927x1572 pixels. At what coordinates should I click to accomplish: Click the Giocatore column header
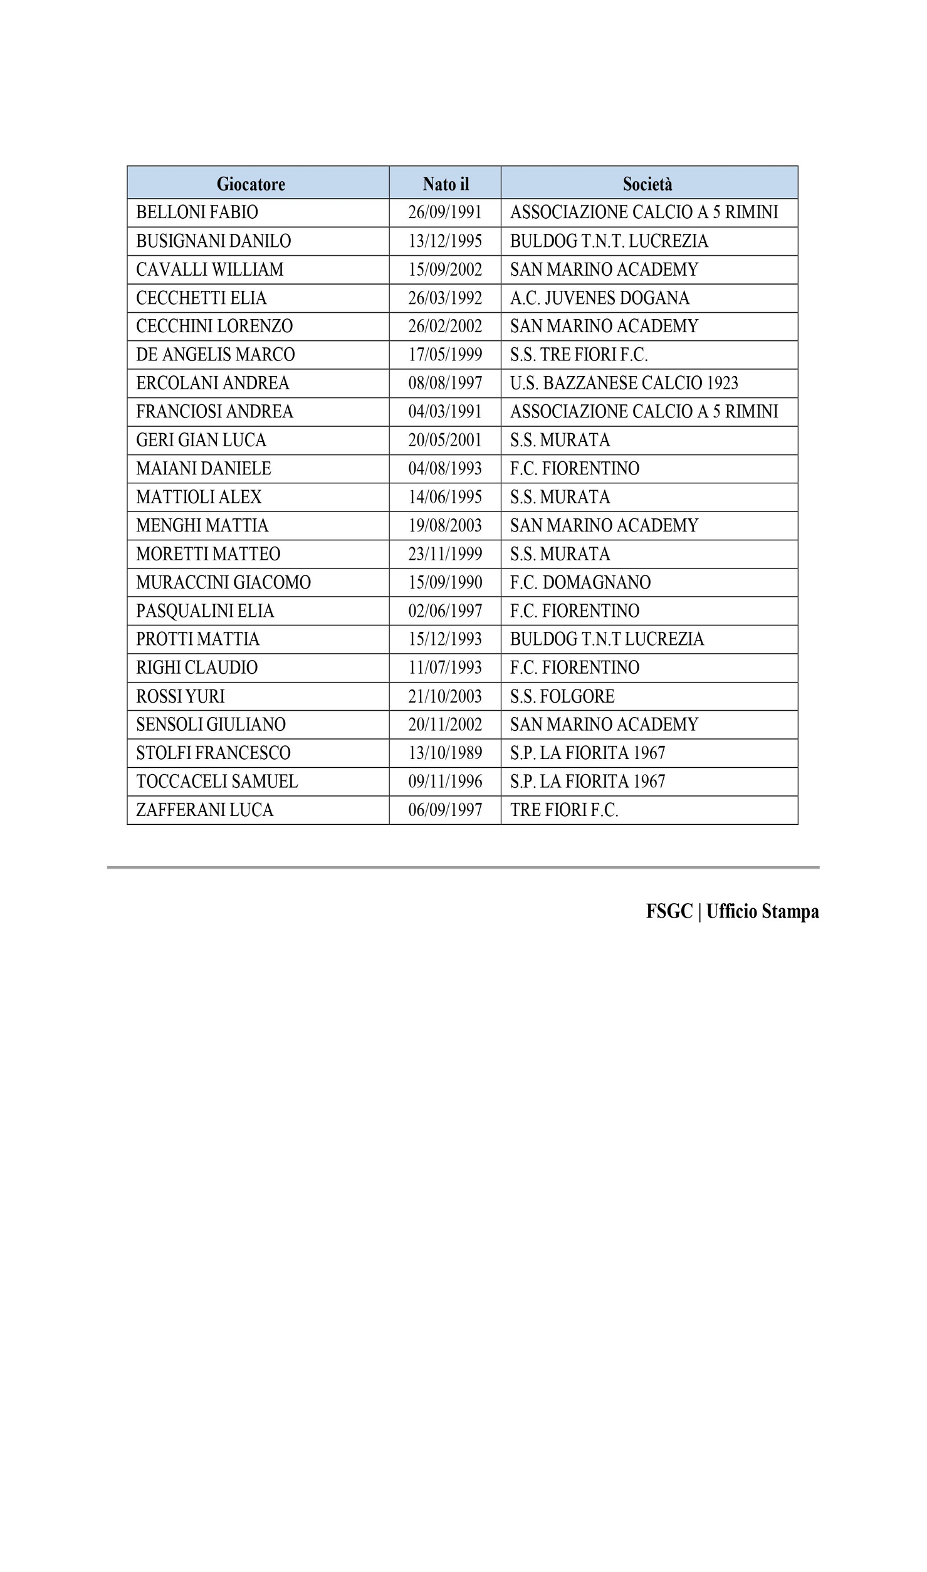(x=251, y=184)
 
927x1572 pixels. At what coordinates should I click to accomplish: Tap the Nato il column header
(x=446, y=184)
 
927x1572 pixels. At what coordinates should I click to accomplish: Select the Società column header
(x=647, y=184)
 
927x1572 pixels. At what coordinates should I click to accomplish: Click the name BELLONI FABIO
(x=197, y=212)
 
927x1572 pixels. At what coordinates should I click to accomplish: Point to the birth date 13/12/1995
(x=445, y=241)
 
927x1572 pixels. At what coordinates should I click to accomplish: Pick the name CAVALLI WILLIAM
(x=210, y=270)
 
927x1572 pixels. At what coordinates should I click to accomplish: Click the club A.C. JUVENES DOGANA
(x=600, y=298)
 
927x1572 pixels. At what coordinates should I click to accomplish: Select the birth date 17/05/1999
(x=445, y=355)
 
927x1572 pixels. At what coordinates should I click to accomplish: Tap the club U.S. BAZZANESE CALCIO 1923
(x=624, y=383)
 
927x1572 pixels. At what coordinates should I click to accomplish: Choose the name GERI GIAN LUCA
(x=201, y=440)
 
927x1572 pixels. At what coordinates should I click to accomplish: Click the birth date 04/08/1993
(x=445, y=468)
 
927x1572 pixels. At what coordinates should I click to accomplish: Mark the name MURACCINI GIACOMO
(x=223, y=582)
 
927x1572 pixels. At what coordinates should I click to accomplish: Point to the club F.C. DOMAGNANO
(x=580, y=582)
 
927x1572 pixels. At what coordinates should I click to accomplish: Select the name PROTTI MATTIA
(x=197, y=639)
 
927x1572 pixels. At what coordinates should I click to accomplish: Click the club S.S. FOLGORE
(x=562, y=696)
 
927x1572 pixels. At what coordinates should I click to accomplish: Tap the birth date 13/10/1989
(x=445, y=753)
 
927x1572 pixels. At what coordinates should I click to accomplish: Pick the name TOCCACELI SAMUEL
(x=217, y=782)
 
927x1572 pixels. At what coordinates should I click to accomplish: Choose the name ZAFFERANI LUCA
(x=205, y=810)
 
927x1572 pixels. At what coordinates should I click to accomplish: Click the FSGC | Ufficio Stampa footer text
(x=732, y=911)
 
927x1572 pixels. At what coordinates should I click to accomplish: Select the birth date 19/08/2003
(x=445, y=525)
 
